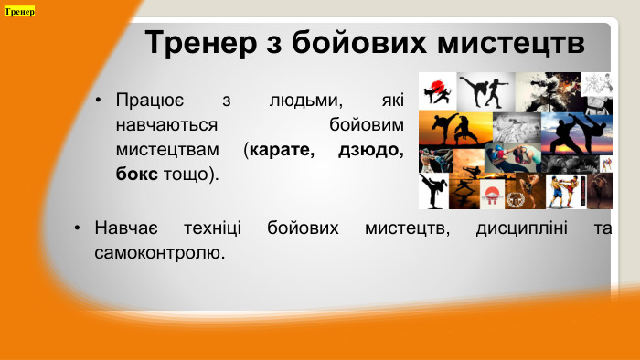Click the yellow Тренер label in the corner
19,12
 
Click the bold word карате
283,148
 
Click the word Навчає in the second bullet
127,227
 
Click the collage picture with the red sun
437,91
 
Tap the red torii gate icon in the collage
491,193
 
